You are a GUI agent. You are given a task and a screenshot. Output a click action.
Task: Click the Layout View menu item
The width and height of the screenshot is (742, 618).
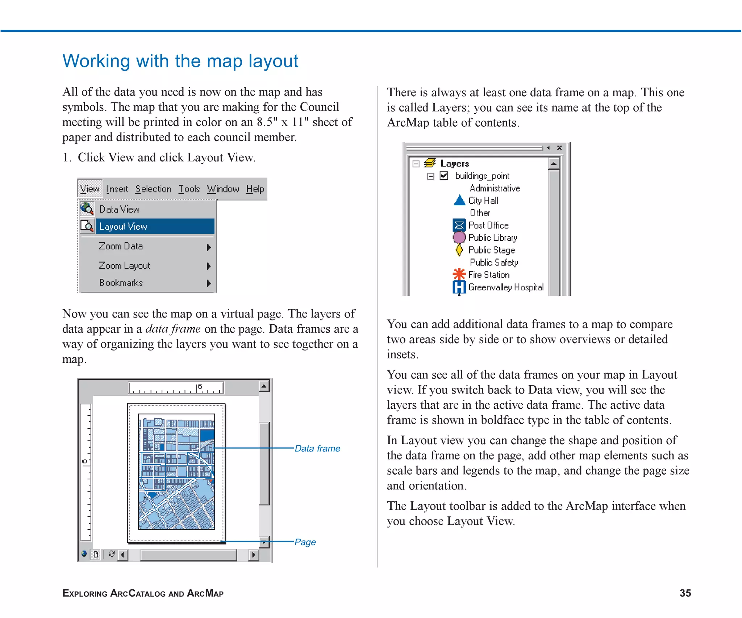[x=123, y=227]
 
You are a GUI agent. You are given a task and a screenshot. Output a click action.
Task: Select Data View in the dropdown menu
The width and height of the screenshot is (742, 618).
[x=119, y=209]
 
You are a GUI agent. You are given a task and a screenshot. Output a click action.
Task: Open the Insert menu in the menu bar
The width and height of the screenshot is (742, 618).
[x=117, y=189]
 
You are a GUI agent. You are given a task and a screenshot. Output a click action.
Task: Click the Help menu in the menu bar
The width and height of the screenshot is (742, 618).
[x=255, y=189]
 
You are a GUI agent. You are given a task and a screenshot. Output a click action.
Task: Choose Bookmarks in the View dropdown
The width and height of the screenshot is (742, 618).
[x=121, y=283]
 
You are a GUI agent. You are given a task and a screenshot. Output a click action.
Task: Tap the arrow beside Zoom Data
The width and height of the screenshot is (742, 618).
[x=209, y=247]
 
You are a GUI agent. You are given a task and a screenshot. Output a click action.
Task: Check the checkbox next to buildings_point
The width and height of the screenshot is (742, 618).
[x=444, y=176]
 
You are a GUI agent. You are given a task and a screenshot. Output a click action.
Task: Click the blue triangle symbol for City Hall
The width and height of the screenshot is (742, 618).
[x=459, y=200]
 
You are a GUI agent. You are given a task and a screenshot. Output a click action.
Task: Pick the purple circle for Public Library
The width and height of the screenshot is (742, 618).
[x=459, y=237]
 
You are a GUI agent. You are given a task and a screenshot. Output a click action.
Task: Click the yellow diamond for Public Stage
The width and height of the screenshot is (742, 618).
[x=459, y=250]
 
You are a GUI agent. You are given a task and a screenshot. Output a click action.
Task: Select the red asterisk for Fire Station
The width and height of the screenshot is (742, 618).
[x=459, y=274]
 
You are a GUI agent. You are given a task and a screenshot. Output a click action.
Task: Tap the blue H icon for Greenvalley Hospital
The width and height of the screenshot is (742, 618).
[x=459, y=287]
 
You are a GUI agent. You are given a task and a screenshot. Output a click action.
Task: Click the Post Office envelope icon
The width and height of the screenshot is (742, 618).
[x=459, y=225]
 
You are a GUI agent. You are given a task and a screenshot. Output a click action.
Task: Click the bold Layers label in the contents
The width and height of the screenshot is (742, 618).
[x=454, y=164]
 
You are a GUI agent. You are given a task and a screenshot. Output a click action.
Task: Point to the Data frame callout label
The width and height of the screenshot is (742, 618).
[x=317, y=449]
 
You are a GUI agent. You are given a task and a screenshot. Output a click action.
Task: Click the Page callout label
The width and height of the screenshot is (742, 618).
[x=305, y=542]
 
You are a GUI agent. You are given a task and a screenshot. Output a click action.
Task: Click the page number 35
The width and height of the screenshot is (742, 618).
[x=685, y=593]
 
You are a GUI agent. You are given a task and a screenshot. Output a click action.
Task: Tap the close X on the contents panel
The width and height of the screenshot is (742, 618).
[x=559, y=148]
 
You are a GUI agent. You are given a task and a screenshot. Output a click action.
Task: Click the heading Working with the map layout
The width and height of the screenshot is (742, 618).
[x=180, y=61]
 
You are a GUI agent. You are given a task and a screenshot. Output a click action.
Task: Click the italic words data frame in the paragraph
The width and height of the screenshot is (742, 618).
[x=173, y=329]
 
